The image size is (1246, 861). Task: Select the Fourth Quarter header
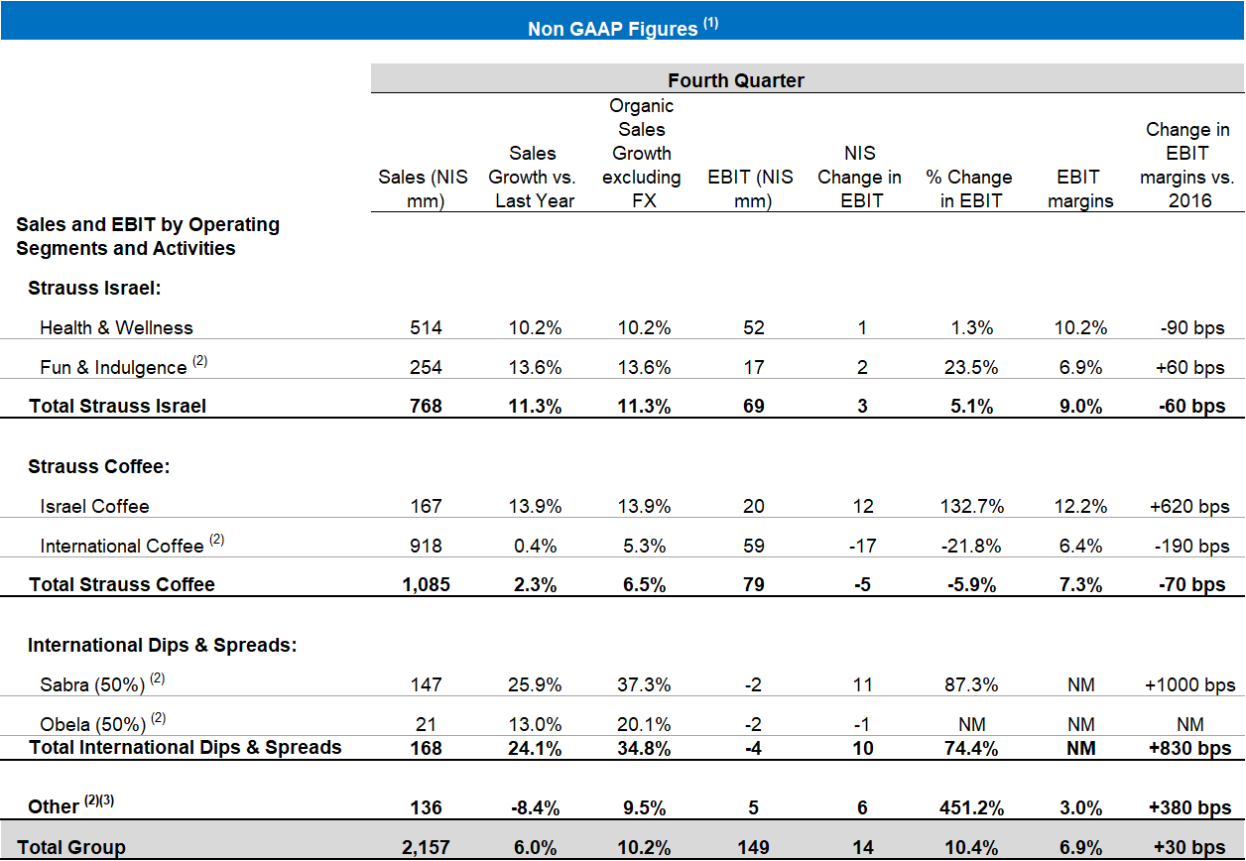735,80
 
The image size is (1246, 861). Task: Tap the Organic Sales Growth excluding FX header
641,153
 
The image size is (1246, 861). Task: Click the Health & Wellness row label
116,327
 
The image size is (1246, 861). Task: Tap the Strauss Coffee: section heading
88,466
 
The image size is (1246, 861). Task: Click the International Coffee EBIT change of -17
862,546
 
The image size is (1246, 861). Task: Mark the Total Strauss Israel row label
117,406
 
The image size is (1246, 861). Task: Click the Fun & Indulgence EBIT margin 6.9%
1080,367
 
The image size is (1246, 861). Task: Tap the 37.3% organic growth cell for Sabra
642,684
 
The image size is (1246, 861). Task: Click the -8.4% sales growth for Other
533,806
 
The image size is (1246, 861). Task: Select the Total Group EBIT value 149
753,847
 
